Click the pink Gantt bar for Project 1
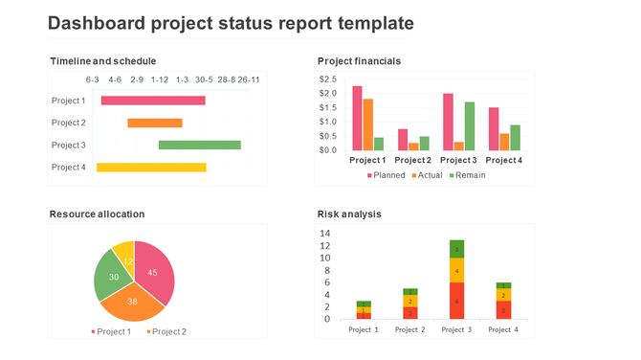pos(153,101)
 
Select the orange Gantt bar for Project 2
pos(155,123)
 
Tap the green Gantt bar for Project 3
pos(199,145)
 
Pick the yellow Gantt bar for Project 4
pos(151,168)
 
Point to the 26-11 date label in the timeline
pos(249,79)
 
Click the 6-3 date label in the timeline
pos(93,79)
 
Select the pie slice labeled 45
pos(155,272)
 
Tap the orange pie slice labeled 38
pos(132,302)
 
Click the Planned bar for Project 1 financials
pos(357,118)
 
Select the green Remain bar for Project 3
pos(470,125)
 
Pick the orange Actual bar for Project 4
pos(504,142)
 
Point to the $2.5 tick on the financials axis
pos(327,79)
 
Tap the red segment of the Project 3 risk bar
pos(456,301)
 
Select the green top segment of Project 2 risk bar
pos(409,292)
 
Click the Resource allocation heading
pos(98,214)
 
